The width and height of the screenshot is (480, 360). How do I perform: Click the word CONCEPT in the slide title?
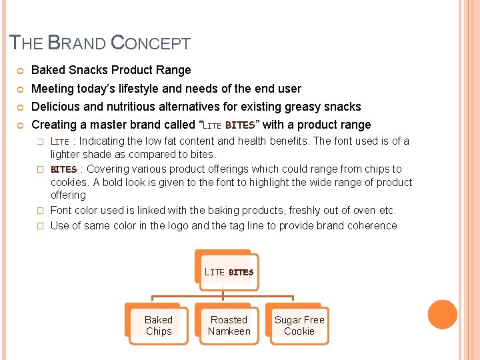click(x=151, y=44)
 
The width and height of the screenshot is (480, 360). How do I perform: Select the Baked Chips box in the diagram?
click(x=159, y=325)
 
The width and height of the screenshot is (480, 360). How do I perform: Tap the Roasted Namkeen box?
click(x=229, y=325)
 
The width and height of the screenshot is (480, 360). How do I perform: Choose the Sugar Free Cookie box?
click(x=299, y=325)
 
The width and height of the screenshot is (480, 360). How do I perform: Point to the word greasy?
click(x=303, y=107)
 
